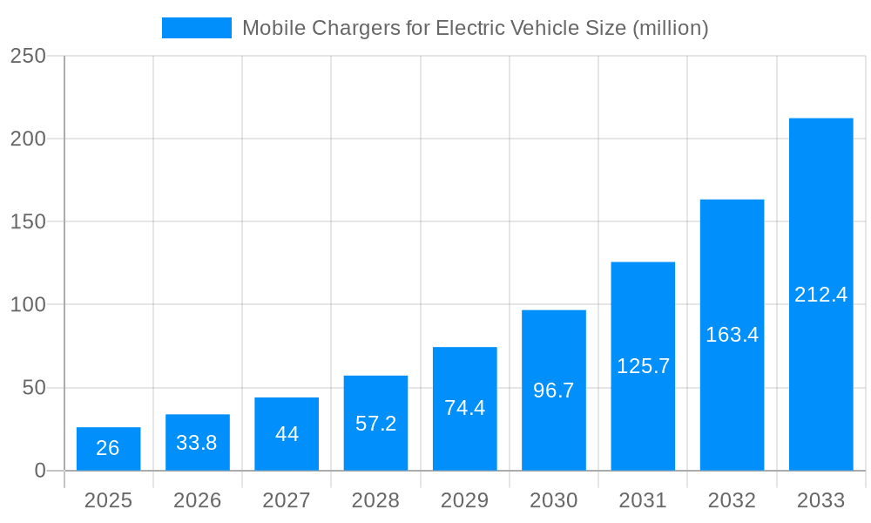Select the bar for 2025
click(x=108, y=449)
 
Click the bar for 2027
click(x=287, y=434)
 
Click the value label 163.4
click(x=732, y=335)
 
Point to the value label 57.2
click(x=375, y=424)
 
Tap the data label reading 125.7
click(x=643, y=366)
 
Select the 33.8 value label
click(x=197, y=443)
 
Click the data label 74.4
click(x=464, y=407)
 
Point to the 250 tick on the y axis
click(x=28, y=56)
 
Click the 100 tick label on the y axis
click(x=28, y=305)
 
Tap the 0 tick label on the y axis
click(x=40, y=471)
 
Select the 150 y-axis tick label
click(x=28, y=222)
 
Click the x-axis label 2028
click(x=375, y=500)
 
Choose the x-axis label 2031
click(x=643, y=500)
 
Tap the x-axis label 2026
click(x=197, y=500)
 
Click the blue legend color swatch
click(x=197, y=28)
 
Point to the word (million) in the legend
click(x=670, y=28)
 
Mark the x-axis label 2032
click(x=732, y=500)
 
